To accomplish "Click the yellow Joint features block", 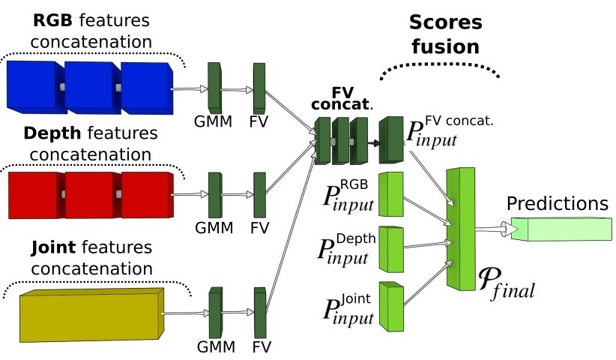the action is click(x=91, y=315).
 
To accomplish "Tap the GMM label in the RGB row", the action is click(x=214, y=121).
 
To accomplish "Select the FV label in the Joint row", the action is click(x=262, y=347).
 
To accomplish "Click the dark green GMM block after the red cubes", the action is click(x=215, y=195).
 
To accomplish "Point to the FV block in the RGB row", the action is click(x=259, y=88).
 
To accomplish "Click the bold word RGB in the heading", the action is click(x=52, y=20).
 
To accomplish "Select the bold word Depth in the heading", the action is click(x=52, y=133).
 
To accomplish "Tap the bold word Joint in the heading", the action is click(x=53, y=247).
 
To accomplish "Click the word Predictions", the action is click(x=558, y=203).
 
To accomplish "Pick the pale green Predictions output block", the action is click(x=561, y=229).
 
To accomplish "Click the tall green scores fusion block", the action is click(x=461, y=229).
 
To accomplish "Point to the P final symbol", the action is click(x=507, y=283).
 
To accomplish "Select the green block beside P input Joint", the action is click(x=391, y=306).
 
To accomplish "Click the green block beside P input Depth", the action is click(x=391, y=249).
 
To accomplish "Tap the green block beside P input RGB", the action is click(x=391, y=194).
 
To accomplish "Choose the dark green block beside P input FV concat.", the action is click(x=391, y=140).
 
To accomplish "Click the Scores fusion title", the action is click(x=445, y=34).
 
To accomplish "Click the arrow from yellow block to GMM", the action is click(x=185, y=313).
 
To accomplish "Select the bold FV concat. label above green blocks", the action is click(x=342, y=98).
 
